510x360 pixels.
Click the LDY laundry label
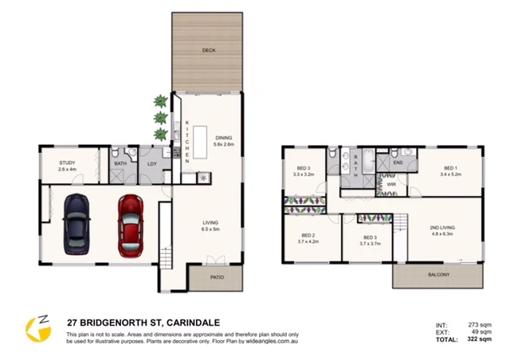pos(151,164)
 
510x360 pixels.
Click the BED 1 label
pos(450,168)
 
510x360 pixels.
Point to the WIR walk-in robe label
pos(391,184)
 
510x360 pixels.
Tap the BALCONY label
pos(437,275)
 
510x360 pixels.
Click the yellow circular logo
pos(37,327)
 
